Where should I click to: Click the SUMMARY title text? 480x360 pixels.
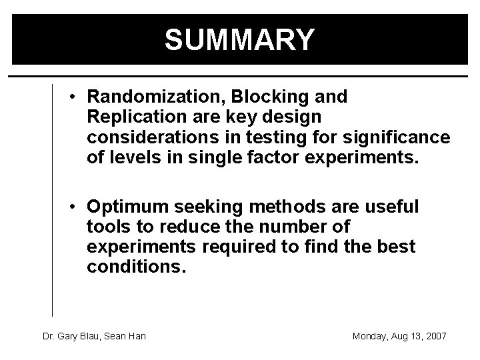[239, 40]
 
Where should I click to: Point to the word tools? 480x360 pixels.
[106, 227]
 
